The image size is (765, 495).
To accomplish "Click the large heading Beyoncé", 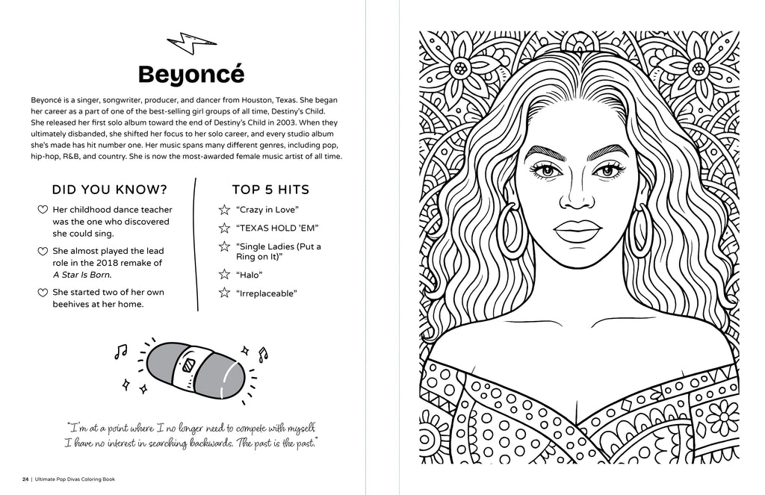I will (191, 75).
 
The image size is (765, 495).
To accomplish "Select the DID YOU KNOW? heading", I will (109, 190).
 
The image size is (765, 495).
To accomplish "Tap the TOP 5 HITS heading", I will (270, 190).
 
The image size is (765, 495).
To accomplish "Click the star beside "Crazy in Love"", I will (223, 211).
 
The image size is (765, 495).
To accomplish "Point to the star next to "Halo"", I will (223, 275).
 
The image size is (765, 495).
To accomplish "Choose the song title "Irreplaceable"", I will (266, 293).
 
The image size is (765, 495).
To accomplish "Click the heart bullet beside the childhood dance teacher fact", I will (43, 211).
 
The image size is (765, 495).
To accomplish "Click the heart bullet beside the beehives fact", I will (43, 293).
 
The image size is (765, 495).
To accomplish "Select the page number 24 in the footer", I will (25, 479).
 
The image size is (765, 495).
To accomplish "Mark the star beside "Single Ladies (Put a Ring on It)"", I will (223, 246).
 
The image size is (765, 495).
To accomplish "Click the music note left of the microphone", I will (120, 350).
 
